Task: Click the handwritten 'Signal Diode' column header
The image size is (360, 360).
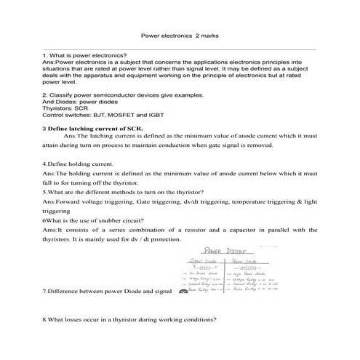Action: click(x=203, y=260)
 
